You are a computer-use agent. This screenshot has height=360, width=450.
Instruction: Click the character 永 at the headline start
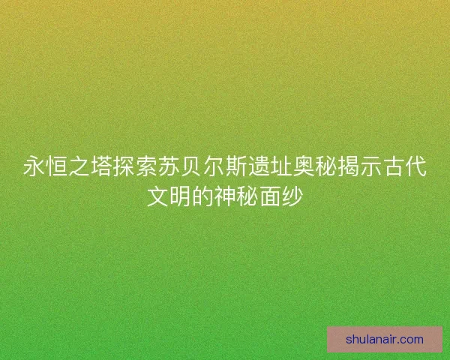[x=33, y=166]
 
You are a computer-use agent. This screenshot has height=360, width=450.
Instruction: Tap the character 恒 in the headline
[x=54, y=166]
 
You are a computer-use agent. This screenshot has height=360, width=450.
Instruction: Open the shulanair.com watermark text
[x=385, y=339]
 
